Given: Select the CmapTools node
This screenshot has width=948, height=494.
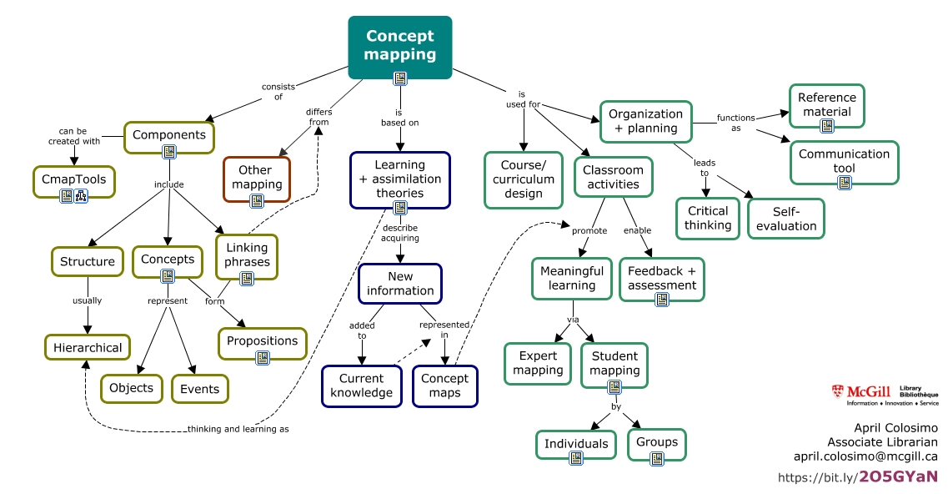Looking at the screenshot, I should coord(74,178).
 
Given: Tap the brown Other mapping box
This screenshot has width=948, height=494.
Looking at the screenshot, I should coord(257,177).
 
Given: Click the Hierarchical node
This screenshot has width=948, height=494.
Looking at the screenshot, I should coord(88,347).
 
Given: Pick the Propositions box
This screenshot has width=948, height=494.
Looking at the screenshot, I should coord(262,341).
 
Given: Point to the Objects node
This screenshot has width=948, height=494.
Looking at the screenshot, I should coord(132,388).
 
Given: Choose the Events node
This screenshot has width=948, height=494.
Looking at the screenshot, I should coord(200,389).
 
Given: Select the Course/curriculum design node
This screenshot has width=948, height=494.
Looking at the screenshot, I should coord(523,179).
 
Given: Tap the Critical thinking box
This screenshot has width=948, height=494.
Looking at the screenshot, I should coord(708,218).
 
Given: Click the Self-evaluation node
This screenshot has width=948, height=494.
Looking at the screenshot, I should coord(786,218).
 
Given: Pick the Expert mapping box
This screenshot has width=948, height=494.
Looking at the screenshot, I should coord(538,364).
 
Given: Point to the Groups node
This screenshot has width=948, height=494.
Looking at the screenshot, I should coord(657,441).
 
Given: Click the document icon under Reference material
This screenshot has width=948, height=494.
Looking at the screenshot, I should coord(826,126).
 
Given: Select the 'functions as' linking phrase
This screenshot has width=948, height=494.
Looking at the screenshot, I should coord(736,123).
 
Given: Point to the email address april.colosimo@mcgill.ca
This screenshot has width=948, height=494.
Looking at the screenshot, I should coord(865,456).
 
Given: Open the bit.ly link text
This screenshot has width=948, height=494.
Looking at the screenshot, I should coord(857,477).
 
